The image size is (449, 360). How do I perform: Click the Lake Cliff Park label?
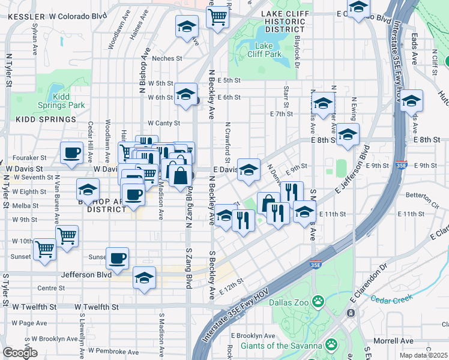(264, 50)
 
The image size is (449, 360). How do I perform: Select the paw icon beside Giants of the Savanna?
(331, 344)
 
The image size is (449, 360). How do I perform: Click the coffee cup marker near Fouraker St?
(71, 152)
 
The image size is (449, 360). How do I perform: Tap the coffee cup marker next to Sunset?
(117, 258)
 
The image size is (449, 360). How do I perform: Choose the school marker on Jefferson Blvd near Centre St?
(144, 278)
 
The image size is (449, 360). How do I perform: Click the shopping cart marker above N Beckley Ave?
(217, 16)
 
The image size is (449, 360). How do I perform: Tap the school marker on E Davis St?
(248, 170)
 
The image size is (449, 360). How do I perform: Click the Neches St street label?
(167, 58)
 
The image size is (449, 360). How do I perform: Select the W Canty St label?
(164, 123)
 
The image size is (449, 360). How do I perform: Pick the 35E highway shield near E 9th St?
(402, 165)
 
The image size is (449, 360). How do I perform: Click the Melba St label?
(26, 205)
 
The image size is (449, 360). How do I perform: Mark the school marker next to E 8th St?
(348, 135)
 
